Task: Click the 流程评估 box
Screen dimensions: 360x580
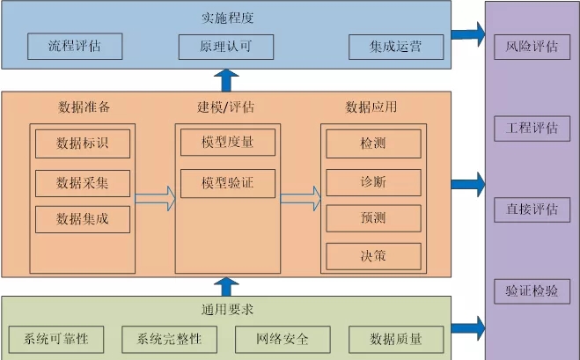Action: click(74, 47)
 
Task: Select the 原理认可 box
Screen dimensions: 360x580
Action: click(225, 47)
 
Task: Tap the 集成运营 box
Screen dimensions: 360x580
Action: click(394, 47)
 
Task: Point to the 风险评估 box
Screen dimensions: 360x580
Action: click(532, 46)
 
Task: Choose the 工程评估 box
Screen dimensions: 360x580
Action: click(532, 128)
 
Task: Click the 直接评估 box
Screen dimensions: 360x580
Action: click(532, 209)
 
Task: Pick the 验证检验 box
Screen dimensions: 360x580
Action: click(532, 290)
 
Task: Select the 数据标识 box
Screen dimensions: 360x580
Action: click(82, 143)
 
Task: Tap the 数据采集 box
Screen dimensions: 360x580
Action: click(82, 182)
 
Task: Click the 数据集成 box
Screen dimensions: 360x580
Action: click(82, 218)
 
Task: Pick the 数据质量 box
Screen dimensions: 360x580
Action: click(395, 339)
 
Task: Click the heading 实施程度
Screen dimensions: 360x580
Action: click(225, 17)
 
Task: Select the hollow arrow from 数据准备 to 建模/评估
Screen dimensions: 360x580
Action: click(155, 199)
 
